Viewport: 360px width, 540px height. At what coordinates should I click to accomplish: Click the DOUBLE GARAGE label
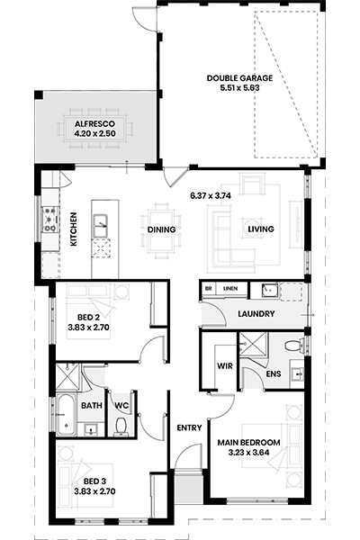pos(239,78)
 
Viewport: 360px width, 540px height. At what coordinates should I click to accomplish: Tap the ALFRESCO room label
pos(94,124)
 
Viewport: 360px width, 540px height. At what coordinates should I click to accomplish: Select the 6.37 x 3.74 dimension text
pos(211,195)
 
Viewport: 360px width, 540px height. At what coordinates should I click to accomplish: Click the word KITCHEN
pos(74,229)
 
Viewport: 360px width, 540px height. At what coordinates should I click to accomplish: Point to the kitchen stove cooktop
pos(49,219)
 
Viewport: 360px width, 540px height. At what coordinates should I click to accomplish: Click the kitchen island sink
pos(100,226)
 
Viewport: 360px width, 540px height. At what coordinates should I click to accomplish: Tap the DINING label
pos(162,229)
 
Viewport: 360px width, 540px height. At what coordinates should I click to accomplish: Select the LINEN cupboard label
pos(230,289)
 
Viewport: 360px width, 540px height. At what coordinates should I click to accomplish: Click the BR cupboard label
pos(209,289)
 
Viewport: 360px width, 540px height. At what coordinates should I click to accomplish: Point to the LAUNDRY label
pos(256,314)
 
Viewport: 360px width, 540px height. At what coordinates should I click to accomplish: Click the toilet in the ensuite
pos(294,345)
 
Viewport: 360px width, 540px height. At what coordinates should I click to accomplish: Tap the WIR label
pos(225,365)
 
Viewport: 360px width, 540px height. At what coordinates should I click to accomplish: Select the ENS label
pos(274,373)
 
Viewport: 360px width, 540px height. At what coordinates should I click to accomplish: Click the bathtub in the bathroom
pos(66,414)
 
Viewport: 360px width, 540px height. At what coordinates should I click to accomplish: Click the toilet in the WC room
pos(121,427)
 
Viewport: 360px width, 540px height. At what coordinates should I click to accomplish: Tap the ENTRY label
pos(189,427)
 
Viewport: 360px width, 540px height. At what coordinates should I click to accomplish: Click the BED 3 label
pos(94,481)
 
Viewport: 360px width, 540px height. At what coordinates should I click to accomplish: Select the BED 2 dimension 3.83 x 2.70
pos(88,328)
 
